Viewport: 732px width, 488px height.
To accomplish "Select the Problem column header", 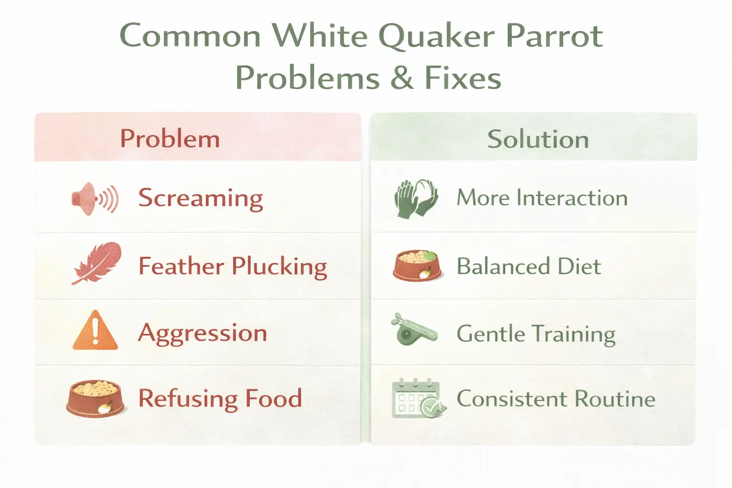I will coord(170,139).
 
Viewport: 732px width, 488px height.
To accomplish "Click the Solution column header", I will coord(538,139).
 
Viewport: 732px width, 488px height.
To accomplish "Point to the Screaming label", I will coord(201,198).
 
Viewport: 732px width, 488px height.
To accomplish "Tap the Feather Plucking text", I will coord(233,266).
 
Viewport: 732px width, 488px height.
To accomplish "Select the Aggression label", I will coord(203,333).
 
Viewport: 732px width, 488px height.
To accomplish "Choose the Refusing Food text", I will coord(220,398).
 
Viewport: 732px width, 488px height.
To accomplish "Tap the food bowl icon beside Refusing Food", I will coord(95,398).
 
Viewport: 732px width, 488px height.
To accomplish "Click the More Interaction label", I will coord(542,198).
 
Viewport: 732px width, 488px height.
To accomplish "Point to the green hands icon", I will coord(416,199).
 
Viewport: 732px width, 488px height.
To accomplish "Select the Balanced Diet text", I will coord(529,266).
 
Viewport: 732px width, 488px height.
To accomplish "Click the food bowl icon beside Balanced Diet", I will coord(417,265).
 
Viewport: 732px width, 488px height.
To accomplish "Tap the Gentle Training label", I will coord(536,334).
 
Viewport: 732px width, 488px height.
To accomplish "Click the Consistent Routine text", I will coord(556,399).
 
